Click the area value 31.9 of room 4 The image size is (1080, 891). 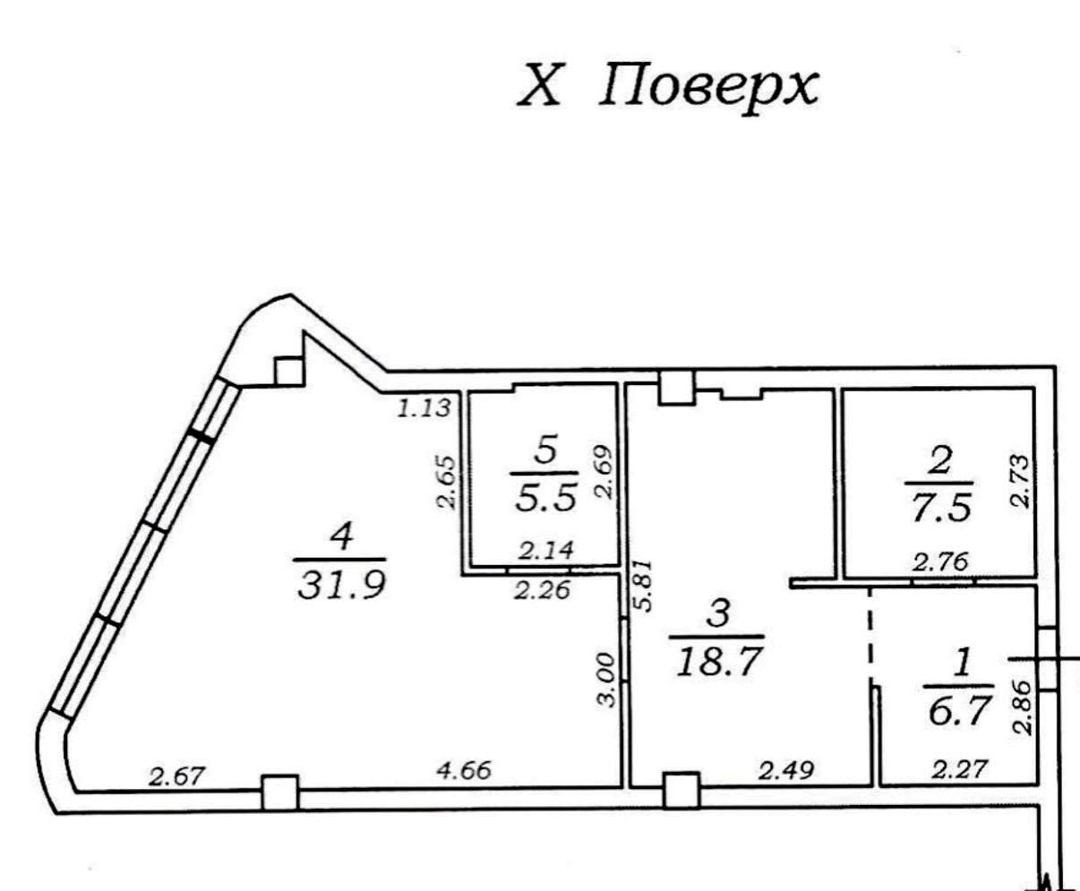pyautogui.click(x=341, y=587)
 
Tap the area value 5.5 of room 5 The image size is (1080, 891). pyautogui.click(x=545, y=500)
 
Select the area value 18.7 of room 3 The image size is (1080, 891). pyautogui.click(x=719, y=663)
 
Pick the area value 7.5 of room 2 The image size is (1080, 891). pyautogui.click(x=940, y=508)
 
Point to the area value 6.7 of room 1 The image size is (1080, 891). pyautogui.click(x=959, y=711)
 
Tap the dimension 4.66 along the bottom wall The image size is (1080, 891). pyautogui.click(x=464, y=770)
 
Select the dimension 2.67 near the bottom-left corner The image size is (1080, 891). pyautogui.click(x=177, y=776)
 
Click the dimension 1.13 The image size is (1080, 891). pyautogui.click(x=424, y=408)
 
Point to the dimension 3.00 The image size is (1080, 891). pyautogui.click(x=606, y=680)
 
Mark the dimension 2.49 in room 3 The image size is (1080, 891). pyautogui.click(x=786, y=770)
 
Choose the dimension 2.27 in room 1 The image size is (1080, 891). pyautogui.click(x=960, y=769)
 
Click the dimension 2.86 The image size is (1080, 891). pyautogui.click(x=1022, y=707)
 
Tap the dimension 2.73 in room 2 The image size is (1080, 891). pyautogui.click(x=1021, y=482)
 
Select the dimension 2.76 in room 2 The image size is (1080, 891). pyautogui.click(x=939, y=562)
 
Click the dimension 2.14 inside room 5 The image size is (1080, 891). pyautogui.click(x=545, y=550)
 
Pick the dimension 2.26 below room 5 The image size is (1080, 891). pyautogui.click(x=542, y=590)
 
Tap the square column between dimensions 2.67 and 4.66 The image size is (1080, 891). pyautogui.click(x=280, y=792)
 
